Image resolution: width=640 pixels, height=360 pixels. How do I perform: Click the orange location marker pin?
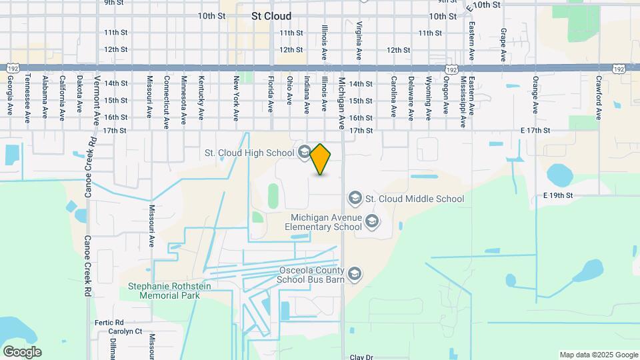[321, 159]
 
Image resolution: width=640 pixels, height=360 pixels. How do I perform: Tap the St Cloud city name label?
[271, 16]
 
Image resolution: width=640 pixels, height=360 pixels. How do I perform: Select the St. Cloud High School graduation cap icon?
[304, 153]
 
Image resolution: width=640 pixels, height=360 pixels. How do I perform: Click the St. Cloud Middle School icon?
[355, 198]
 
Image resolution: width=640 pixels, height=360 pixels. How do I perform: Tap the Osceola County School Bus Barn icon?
[355, 273]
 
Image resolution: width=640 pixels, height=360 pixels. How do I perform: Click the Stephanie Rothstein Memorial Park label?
[163, 291]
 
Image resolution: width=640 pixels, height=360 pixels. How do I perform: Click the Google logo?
[22, 352]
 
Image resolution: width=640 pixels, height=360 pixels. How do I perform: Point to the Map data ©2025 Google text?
[599, 355]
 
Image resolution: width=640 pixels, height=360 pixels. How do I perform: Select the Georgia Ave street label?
[11, 97]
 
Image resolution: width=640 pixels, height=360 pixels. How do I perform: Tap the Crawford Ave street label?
[599, 97]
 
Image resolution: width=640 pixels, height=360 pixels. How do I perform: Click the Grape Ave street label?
[503, 42]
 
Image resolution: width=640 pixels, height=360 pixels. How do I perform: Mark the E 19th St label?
[558, 195]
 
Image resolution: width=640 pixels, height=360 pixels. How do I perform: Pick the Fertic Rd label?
[110, 322]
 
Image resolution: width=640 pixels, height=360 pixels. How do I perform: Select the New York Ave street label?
[236, 98]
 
